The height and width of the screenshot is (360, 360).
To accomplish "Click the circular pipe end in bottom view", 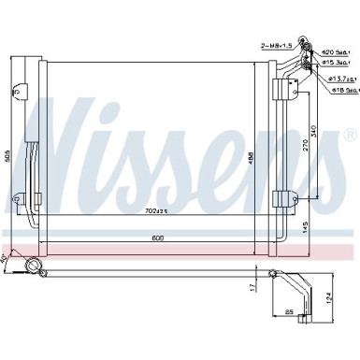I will click(x=35, y=269).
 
